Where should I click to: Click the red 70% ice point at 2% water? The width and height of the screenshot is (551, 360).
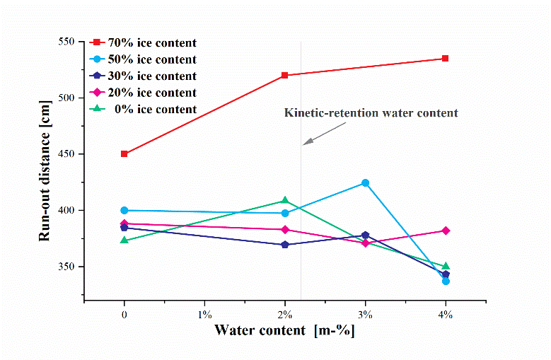pos(284,75)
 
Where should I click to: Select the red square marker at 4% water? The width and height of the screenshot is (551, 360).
pos(445,59)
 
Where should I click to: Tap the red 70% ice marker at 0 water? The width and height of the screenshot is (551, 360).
pos(124,153)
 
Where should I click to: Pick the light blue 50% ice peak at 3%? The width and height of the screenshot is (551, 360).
pos(365,182)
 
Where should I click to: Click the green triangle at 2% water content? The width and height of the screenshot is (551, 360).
pos(284,201)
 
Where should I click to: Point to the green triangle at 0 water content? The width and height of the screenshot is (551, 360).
pos(124,240)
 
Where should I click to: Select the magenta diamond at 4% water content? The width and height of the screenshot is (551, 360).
pos(445,231)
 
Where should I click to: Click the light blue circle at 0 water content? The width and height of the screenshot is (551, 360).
pos(124,210)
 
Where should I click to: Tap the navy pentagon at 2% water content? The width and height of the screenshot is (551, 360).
pos(284,245)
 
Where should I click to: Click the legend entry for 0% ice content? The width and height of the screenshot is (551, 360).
pos(146,110)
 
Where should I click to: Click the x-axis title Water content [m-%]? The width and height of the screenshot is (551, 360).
pos(284,330)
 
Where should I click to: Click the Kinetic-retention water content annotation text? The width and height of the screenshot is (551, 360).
pos(371,112)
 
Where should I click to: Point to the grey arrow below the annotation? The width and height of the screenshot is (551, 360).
pos(325,134)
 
